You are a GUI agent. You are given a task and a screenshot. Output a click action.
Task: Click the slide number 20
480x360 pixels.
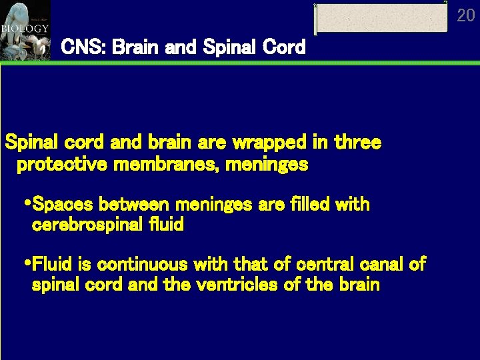click(466, 15)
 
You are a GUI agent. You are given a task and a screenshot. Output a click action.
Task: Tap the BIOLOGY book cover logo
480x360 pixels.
click(25, 29)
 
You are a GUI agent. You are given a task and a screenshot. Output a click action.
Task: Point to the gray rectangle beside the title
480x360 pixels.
click(381, 18)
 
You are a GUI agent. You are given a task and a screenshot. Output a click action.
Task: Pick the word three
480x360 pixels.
click(358, 143)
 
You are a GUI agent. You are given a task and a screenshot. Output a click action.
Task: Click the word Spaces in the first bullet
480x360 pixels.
click(59, 204)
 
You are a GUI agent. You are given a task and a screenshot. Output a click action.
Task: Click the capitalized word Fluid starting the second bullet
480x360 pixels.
click(52, 265)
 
